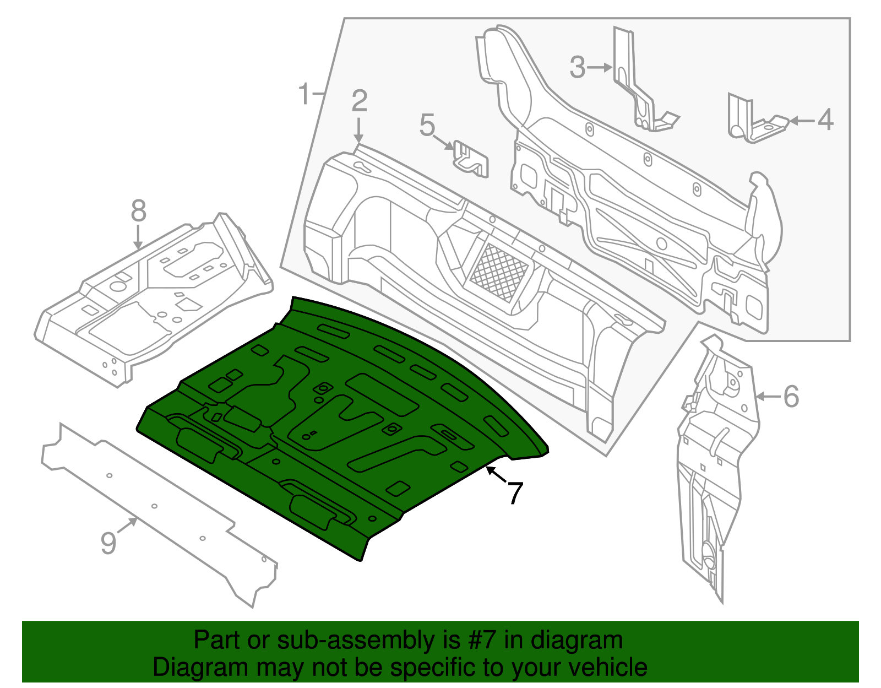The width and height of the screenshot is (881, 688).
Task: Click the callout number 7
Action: click(514, 492)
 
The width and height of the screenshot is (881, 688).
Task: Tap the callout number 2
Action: click(359, 101)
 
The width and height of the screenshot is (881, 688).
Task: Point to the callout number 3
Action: click(577, 67)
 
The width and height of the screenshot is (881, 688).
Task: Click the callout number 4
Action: click(825, 120)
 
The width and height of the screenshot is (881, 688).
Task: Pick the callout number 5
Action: click(427, 126)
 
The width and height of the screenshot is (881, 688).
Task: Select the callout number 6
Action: click(791, 397)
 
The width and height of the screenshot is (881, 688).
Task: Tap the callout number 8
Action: click(138, 211)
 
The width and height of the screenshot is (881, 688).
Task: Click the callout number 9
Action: click(108, 543)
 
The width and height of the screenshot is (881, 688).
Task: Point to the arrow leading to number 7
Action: click(496, 474)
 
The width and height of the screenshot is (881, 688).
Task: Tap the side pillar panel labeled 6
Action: click(716, 468)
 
